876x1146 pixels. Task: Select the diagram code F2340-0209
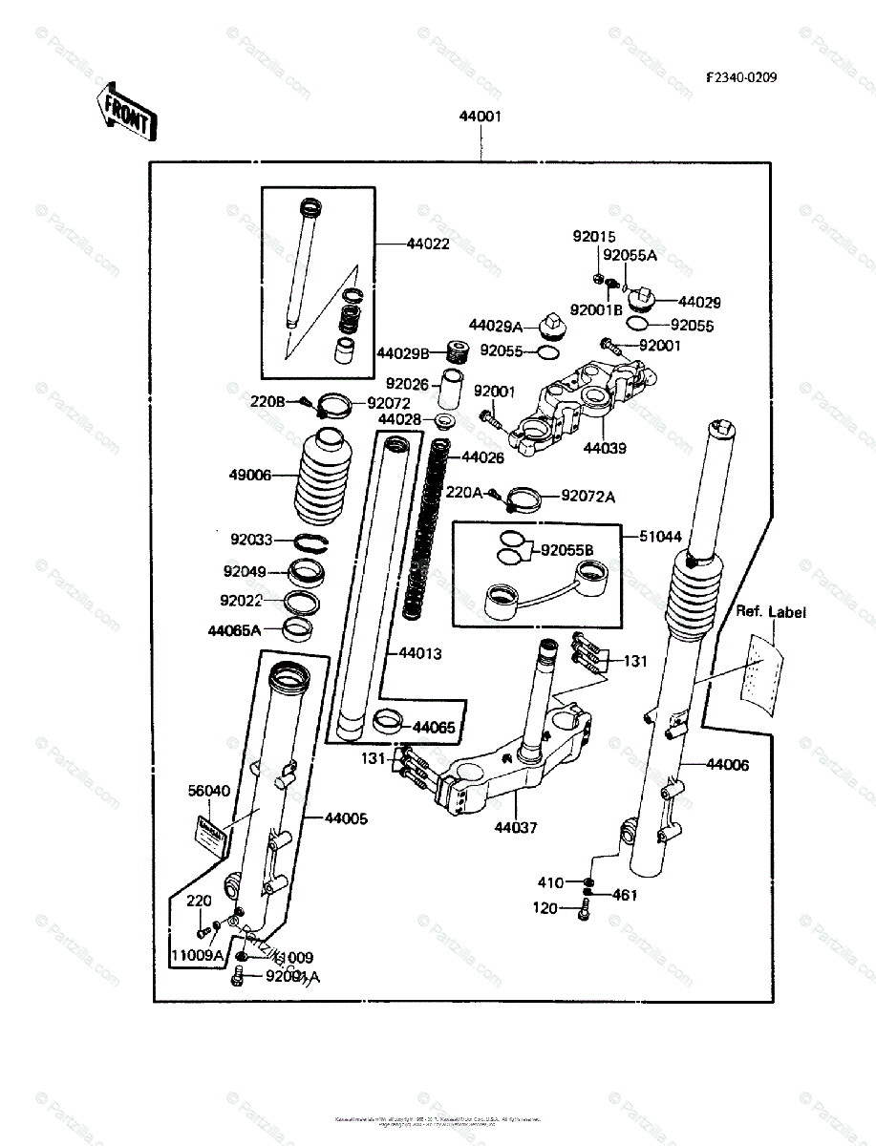741,78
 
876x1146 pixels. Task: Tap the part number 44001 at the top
481,117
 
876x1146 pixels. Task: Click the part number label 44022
427,244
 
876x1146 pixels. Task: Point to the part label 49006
250,474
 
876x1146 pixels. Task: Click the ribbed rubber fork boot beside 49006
320,478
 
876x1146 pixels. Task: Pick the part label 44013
420,654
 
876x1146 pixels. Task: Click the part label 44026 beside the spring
482,457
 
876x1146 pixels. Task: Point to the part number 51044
661,538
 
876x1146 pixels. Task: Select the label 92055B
567,551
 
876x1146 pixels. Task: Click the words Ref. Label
770,611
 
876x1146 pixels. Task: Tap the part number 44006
728,764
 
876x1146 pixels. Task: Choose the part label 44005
346,818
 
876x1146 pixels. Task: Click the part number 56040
208,791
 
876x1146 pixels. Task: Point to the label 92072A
588,496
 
